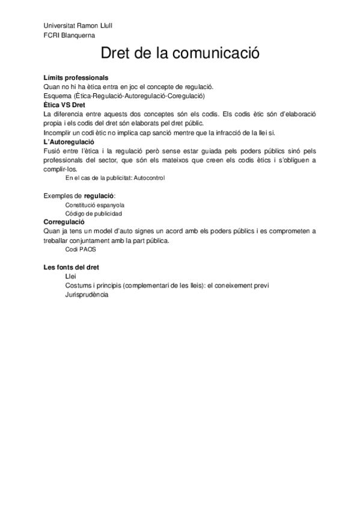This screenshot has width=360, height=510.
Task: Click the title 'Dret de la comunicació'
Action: coord(180,54)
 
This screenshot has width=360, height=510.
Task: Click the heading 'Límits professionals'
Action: coord(76,78)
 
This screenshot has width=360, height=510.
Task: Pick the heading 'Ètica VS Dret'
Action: coord(65,105)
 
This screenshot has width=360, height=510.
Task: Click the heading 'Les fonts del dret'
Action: coord(72,267)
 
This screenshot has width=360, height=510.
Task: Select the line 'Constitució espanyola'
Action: coord(95,204)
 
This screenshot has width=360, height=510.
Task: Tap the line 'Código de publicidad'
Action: coord(94,214)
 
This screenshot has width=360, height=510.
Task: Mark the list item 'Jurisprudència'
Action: coord(87,295)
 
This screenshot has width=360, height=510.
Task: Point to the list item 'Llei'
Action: coord(71,276)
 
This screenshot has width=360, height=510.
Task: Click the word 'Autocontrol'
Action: coord(150,178)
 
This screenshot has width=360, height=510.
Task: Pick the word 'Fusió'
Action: coord(53,150)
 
